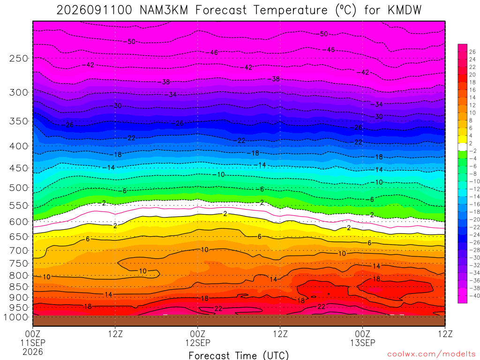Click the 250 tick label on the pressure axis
(18, 58)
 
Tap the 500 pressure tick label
(18, 187)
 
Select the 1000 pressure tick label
(16, 317)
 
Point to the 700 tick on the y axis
(18, 251)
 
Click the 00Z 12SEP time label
(198, 338)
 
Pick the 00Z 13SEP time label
(363, 338)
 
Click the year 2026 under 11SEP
(33, 352)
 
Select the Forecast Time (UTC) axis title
(239, 355)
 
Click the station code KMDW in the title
(405, 10)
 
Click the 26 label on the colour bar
(472, 52)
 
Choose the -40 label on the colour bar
(474, 296)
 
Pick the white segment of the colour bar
(463, 147)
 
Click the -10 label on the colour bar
(474, 181)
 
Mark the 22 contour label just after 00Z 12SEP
(218, 308)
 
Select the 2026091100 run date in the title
(94, 10)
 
